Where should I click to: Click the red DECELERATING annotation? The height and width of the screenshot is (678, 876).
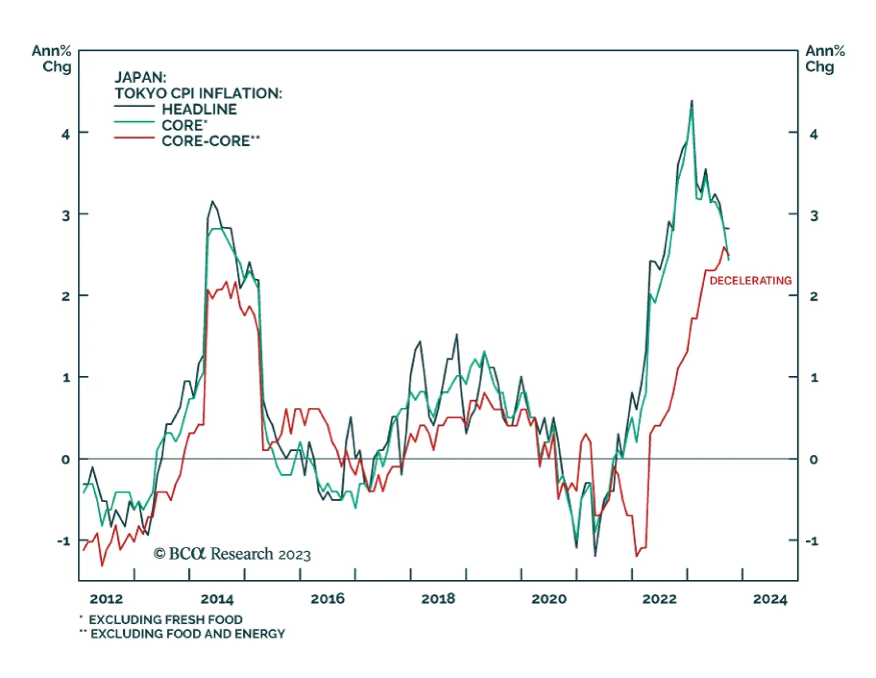750,281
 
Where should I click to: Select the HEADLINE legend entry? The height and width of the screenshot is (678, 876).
199,109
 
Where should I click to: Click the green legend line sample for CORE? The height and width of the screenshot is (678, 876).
134,122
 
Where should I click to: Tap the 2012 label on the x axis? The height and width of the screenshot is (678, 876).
106,599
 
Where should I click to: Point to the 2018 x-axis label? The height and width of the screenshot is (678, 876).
438,599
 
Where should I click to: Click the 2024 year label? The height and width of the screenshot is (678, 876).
770,599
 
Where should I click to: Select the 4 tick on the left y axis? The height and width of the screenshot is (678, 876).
66,134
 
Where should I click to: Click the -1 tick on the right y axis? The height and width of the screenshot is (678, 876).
811,541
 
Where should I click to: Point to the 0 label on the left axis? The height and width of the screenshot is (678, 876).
66,459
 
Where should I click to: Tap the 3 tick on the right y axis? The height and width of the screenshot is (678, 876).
814,215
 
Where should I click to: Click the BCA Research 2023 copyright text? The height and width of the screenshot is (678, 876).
232,554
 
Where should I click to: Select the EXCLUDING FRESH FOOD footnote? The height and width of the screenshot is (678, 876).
165,620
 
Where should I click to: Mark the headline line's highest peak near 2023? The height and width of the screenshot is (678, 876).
691,101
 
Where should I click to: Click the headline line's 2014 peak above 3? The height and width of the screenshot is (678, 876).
212,202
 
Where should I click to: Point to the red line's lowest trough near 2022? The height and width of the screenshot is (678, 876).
636,556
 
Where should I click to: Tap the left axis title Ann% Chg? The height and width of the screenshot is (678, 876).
51,59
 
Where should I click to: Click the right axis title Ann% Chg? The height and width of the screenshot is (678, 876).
825,59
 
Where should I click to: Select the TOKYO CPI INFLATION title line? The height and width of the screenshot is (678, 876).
198,93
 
